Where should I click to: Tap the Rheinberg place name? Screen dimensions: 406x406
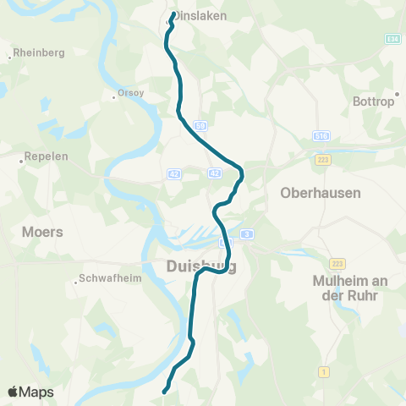pos(38,52)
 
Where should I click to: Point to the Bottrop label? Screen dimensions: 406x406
pos(373,101)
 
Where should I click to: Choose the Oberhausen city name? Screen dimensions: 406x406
pos(320,193)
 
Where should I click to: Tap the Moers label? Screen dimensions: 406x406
pos(43,231)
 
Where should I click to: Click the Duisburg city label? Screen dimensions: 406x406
pos(195,268)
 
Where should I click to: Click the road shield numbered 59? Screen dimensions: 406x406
pos(200,125)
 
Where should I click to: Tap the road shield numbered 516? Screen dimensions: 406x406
pos(321,135)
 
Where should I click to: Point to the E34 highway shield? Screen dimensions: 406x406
pos(393,39)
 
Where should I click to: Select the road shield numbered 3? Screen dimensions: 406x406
pos(246,233)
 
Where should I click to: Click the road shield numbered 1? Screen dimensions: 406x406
pos(324,371)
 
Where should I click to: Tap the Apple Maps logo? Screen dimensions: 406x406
pos(30,392)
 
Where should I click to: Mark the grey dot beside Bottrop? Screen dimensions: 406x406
pos(396,94)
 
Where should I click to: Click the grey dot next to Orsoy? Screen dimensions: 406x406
pos(114,96)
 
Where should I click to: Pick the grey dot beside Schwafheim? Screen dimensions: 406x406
pos(76,283)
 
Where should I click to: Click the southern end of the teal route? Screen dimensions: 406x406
pos(164,390)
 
